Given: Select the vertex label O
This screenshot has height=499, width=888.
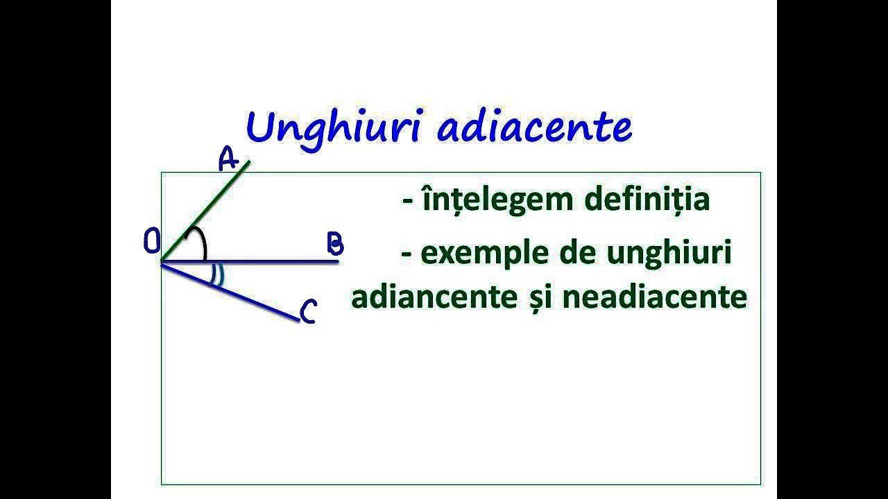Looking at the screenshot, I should (x=152, y=243).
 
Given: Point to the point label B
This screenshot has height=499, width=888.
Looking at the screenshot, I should (x=334, y=244).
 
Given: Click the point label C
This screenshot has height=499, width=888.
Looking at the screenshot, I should (x=308, y=312).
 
